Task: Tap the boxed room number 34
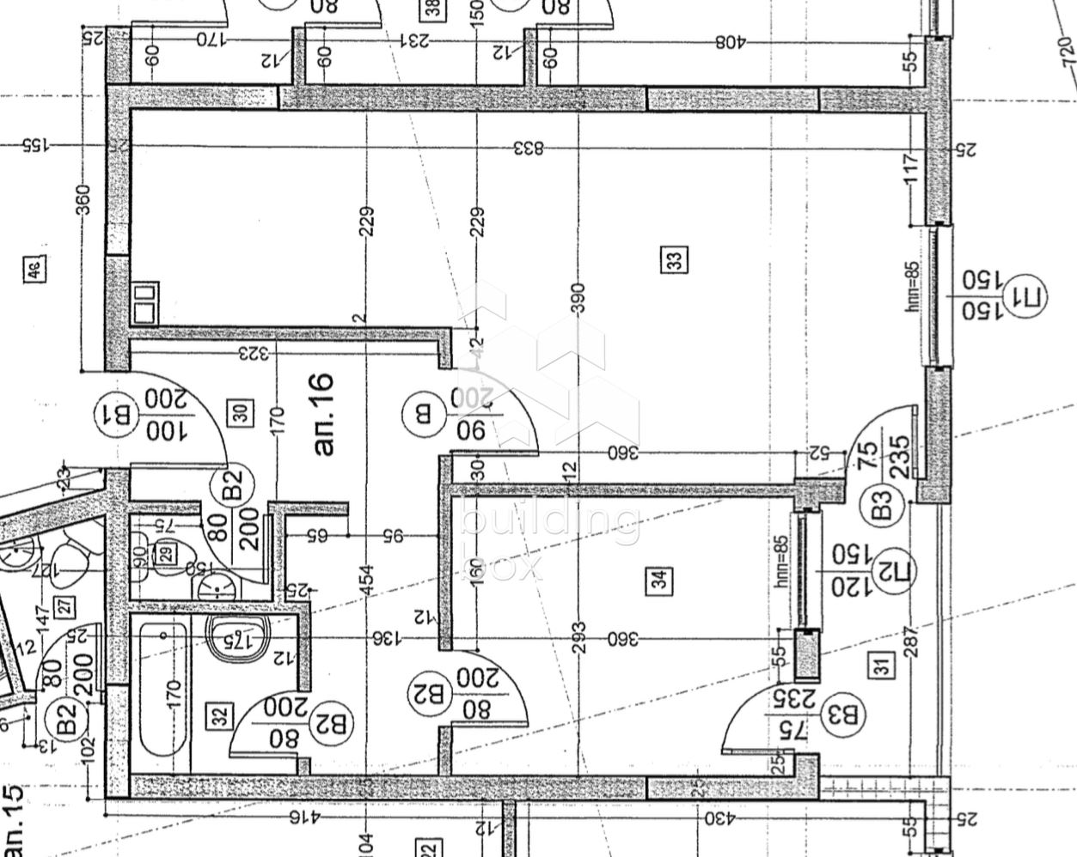click(660, 580)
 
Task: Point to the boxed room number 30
click(243, 413)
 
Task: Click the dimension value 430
click(719, 818)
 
